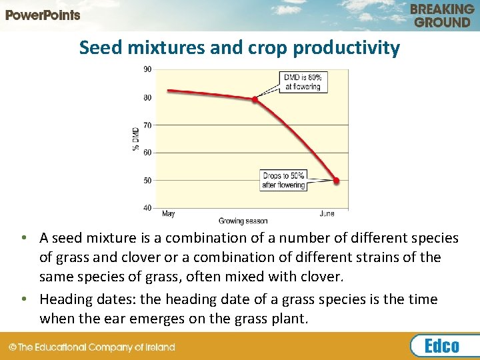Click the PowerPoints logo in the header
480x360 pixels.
pyautogui.click(x=43, y=15)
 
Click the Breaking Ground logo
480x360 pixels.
pyautogui.click(x=442, y=15)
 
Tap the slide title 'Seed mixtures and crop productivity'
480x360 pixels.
pyautogui.click(x=239, y=48)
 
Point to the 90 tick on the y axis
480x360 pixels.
pyautogui.click(x=147, y=69)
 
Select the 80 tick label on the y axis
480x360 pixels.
pyautogui.click(x=147, y=97)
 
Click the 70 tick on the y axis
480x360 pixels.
pyautogui.click(x=147, y=125)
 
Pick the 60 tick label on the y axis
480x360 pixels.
pyautogui.click(x=147, y=153)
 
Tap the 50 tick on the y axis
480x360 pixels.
pyautogui.click(x=147, y=180)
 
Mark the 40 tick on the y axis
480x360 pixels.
pyautogui.click(x=147, y=207)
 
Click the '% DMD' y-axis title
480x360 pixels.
pyautogui.click(x=135, y=138)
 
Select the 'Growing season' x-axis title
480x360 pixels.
pyautogui.click(x=243, y=221)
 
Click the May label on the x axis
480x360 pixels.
pyautogui.click(x=169, y=214)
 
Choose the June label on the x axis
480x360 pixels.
pyautogui.click(x=327, y=214)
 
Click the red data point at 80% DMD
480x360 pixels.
pyautogui.click(x=255, y=99)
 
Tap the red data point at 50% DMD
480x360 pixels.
pyautogui.click(x=336, y=181)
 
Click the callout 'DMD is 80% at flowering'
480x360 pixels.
pyautogui.click(x=302, y=82)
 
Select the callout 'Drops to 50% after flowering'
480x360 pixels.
pyautogui.click(x=283, y=181)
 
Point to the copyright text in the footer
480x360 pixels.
pyautogui.click(x=91, y=347)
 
